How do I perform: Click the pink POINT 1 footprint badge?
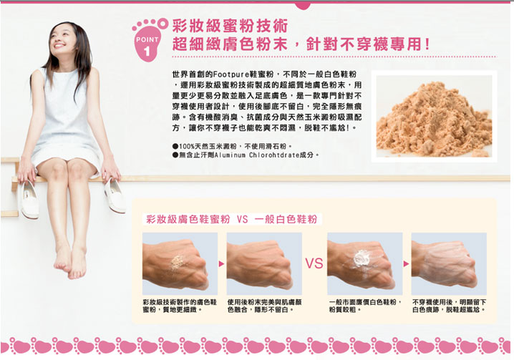click(x=148, y=41)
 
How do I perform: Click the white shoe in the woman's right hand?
click(x=29, y=200)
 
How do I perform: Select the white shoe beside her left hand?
click(x=115, y=195)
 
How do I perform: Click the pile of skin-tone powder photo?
click(x=434, y=117)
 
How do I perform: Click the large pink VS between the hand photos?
click(x=314, y=263)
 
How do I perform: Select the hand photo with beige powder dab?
click(x=180, y=263)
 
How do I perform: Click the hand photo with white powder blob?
click(x=365, y=263)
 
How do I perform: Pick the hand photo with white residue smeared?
click(x=449, y=263)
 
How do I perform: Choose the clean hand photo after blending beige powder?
click(x=264, y=263)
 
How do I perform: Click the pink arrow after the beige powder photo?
click(x=222, y=263)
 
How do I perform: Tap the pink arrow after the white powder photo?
click(x=407, y=263)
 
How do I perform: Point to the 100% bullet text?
click(x=232, y=146)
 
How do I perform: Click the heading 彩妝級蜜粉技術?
click(x=230, y=26)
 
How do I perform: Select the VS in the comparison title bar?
click(x=242, y=219)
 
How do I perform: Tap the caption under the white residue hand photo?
click(x=449, y=306)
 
